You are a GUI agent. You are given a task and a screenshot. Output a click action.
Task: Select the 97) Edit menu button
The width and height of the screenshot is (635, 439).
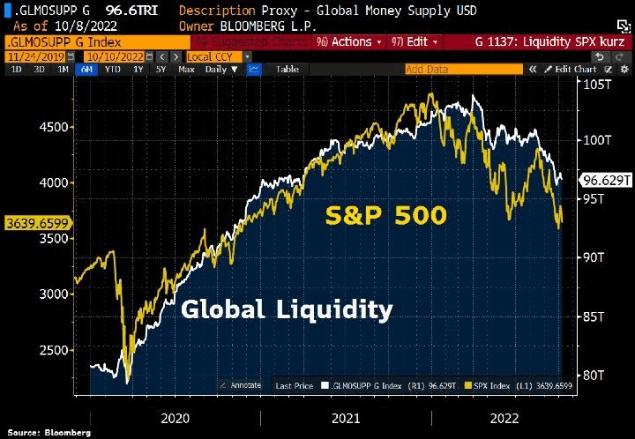pos(410,41)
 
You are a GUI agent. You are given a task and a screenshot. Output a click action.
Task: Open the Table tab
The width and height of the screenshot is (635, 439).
pos(288,69)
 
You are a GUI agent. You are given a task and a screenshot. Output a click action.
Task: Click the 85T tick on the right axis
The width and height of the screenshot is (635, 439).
pos(594,316)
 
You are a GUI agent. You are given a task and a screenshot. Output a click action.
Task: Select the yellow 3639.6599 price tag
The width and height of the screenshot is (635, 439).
pos(37,223)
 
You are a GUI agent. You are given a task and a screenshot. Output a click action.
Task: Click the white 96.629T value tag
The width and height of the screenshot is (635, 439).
pos(605,180)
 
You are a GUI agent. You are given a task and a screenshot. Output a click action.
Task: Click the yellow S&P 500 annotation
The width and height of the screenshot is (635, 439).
pos(386,215)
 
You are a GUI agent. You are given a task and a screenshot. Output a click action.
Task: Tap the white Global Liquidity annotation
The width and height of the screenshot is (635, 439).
pos(287,309)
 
